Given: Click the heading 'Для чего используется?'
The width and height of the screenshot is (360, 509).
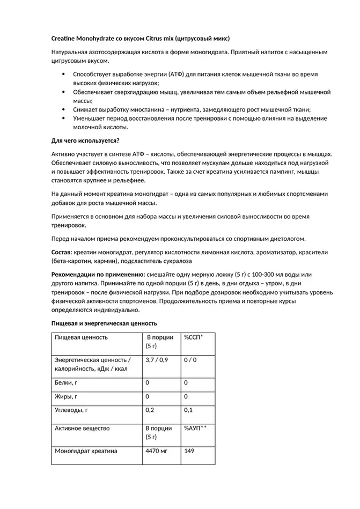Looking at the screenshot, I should click(85, 141).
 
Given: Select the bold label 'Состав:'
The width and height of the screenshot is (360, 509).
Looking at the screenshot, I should click(62, 252).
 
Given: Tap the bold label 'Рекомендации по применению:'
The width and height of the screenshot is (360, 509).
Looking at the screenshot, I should click(94, 275).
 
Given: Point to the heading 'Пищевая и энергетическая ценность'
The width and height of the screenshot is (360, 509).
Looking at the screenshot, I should click(104, 323).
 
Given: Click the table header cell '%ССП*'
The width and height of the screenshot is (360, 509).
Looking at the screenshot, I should click(193, 337).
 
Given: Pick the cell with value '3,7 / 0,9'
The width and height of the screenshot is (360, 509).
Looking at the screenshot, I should click(157, 360).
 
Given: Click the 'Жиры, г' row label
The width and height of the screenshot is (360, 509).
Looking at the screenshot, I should click(66, 397).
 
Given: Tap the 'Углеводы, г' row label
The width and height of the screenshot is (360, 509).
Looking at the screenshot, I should click(71, 410).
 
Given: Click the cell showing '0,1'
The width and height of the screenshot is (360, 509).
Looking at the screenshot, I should click(188, 410).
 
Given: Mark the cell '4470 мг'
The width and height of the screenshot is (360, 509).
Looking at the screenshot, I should click(156, 451).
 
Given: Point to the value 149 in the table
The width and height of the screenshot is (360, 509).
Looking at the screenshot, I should click(189, 451).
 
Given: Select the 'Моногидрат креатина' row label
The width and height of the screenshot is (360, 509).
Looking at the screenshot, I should click(86, 451).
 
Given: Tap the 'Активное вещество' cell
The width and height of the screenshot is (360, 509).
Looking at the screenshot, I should click(82, 429).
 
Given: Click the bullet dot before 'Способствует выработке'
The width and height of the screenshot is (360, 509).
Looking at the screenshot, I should click(64, 75).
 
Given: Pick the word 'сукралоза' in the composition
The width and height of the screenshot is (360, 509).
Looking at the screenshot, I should click(176, 261).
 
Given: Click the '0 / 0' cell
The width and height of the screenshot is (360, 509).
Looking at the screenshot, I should click(190, 360).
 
